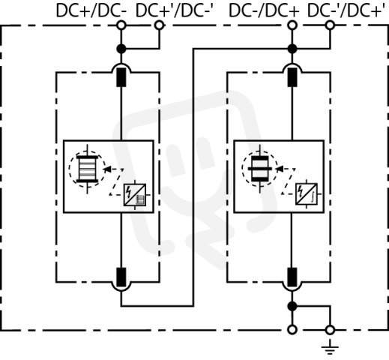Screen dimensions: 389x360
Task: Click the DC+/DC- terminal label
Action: coord(91,10)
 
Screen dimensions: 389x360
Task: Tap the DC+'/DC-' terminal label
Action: coord(175,10)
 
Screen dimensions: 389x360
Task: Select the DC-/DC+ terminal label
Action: coord(264,10)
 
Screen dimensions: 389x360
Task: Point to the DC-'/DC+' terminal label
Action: coord(346,10)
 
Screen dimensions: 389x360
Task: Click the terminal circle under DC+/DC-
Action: coord(121,25)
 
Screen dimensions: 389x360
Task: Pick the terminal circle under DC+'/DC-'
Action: coord(159,25)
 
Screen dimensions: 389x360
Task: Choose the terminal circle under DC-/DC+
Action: coord(292,25)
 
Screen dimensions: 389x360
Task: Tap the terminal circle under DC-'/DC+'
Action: coord(330,25)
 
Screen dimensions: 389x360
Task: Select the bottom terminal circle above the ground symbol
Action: coord(330,330)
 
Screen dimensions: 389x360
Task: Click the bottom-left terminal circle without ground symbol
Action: coord(292,330)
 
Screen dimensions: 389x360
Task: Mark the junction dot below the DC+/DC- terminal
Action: coord(121,49)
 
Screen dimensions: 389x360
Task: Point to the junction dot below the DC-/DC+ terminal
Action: coord(292,49)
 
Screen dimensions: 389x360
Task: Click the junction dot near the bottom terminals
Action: coord(292,306)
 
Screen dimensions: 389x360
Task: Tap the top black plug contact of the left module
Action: coord(121,77)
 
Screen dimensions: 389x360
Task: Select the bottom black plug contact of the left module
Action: coord(121,277)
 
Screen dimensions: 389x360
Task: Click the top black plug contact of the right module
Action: coord(292,77)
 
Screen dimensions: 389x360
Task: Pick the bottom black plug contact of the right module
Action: coord(292,277)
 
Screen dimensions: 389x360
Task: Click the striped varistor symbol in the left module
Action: coord(87,169)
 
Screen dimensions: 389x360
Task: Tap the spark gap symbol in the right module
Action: coord(260,169)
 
